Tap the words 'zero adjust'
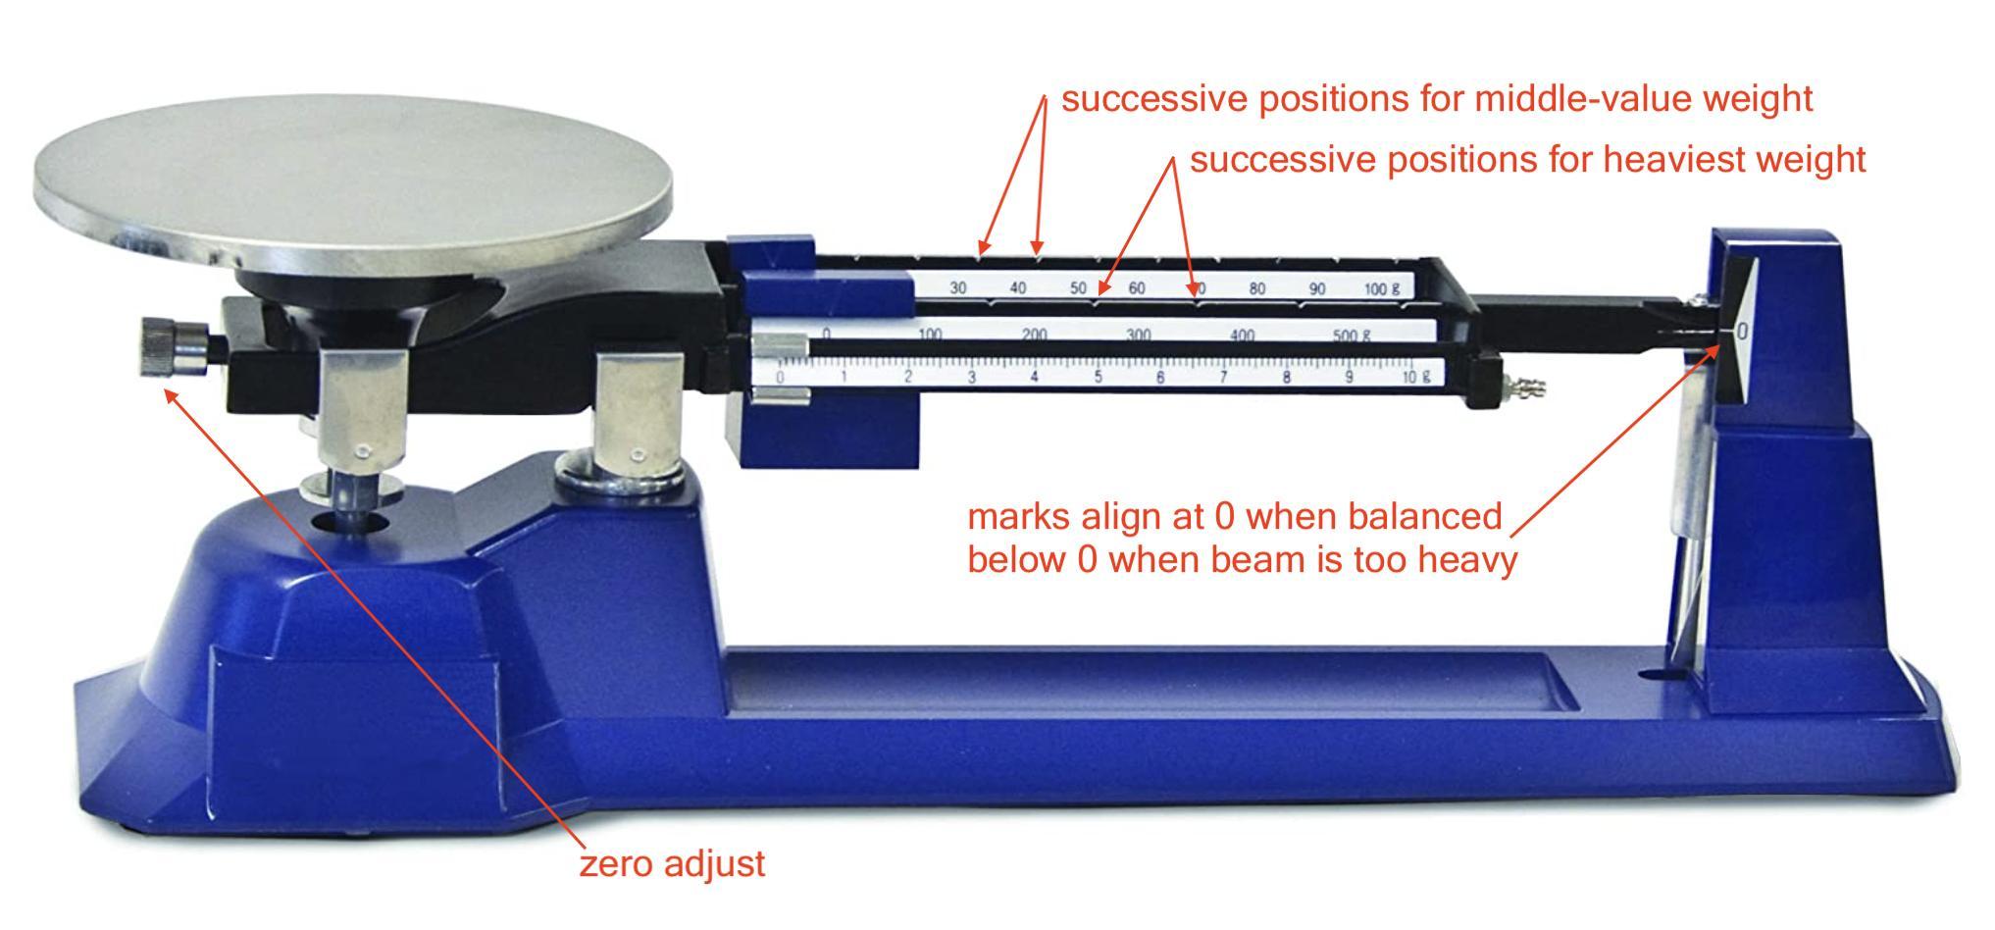672,864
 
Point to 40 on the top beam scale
1018,288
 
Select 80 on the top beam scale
1256,288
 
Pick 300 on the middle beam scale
1138,335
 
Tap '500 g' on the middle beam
1351,335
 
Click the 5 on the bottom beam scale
1098,377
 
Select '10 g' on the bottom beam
1415,377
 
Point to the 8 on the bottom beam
1287,377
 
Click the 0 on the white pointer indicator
1742,332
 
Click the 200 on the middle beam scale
1034,335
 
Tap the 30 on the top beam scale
958,288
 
